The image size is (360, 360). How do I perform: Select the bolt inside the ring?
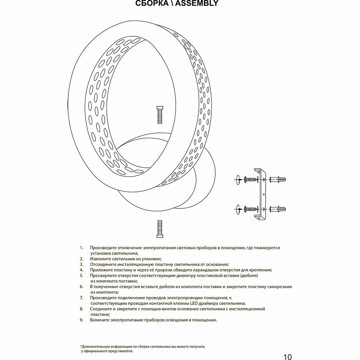pyautogui.click(x=159, y=115)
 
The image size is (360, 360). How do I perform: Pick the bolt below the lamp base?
pyautogui.click(x=159, y=229)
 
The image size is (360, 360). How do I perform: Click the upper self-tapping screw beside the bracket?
pyautogui.click(x=251, y=179)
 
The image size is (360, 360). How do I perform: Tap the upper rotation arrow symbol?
pyautogui.click(x=238, y=179)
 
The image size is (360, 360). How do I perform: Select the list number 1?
pyautogui.click(x=81, y=248)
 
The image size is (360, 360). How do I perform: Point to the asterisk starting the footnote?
pyautogui.click(x=81, y=346)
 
